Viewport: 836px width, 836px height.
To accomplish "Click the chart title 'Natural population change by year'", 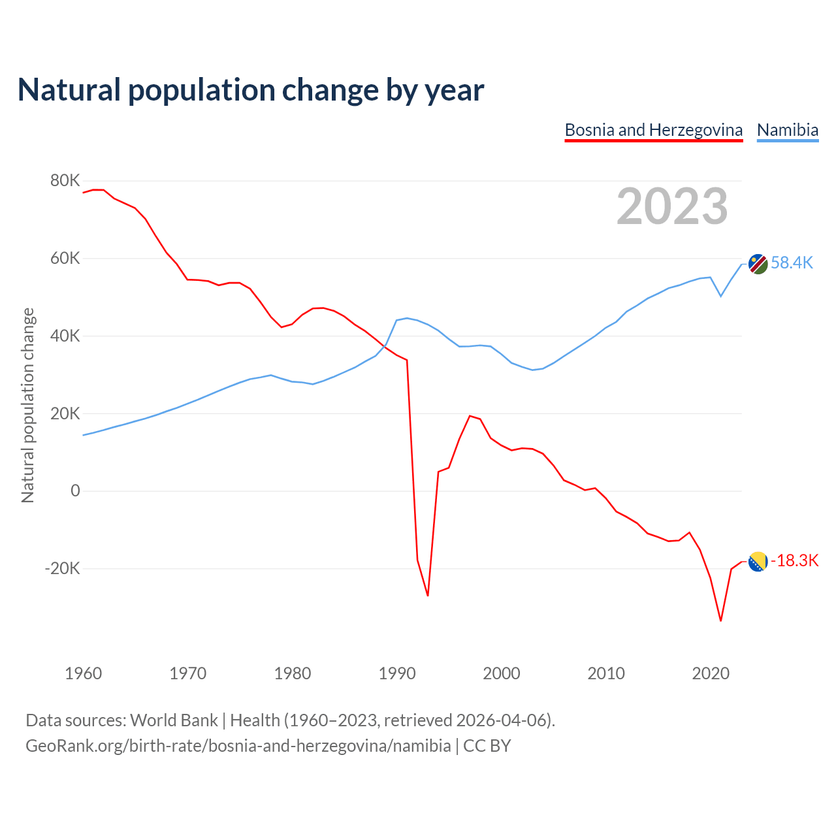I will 251,90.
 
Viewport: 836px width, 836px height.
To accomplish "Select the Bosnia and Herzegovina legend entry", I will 653,130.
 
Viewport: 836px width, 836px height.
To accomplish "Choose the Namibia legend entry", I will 787,130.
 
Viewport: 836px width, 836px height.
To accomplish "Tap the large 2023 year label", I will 672,206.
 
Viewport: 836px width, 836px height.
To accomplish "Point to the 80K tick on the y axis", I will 65,180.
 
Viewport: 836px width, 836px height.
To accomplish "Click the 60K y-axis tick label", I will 65,258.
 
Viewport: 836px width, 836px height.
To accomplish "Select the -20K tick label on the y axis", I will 62,568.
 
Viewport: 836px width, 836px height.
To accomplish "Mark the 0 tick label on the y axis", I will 75,491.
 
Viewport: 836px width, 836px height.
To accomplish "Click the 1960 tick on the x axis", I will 84,673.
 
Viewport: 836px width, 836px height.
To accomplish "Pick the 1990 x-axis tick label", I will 397,673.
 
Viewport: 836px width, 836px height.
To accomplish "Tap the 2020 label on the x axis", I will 711,673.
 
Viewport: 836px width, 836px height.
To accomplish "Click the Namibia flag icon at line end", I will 758,264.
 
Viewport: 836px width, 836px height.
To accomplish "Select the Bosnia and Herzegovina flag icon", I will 758,561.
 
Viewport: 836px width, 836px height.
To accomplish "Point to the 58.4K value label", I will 792,263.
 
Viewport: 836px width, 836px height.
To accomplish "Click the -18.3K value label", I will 794,560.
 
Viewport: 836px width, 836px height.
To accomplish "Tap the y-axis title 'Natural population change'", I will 27,405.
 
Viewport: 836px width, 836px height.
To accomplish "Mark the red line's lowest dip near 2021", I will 720,620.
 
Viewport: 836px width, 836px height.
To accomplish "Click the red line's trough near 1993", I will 428,596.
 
